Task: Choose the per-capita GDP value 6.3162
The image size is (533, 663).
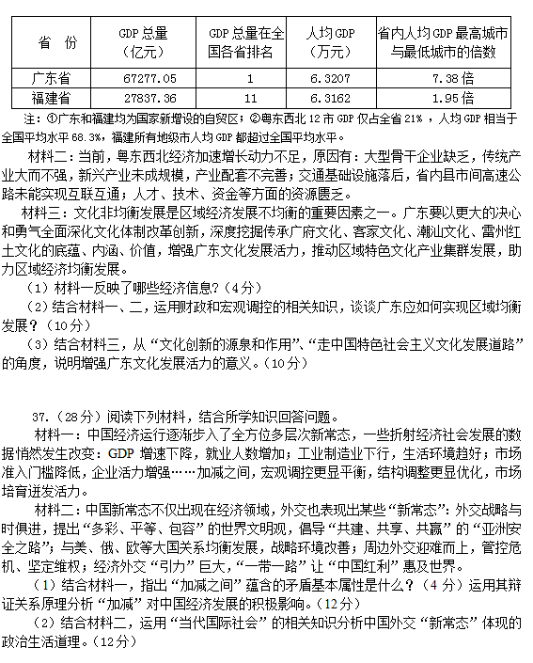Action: (x=332, y=98)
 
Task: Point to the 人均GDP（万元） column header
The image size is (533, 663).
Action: (x=332, y=42)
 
